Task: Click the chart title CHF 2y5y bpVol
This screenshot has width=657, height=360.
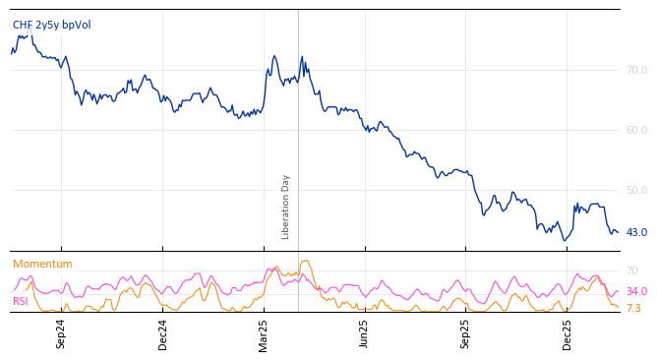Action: [51, 26]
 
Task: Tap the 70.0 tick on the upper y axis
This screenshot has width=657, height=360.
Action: [636, 71]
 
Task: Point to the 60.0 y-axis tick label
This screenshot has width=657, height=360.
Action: [636, 130]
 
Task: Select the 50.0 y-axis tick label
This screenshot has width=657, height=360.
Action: [636, 190]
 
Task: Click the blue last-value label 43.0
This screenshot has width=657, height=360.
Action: [636, 233]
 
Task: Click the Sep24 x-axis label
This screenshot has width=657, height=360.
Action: [61, 333]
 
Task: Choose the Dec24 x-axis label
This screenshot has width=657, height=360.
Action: [163, 333]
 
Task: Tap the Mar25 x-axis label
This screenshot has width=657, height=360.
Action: [264, 333]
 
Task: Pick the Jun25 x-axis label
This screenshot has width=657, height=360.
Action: [365, 333]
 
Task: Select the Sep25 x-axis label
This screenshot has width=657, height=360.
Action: [466, 333]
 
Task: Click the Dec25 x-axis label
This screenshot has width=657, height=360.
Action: [567, 333]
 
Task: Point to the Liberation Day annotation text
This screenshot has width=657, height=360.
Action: [286, 207]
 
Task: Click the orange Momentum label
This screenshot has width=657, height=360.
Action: [42, 265]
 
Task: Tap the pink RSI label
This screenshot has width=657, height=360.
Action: [21, 302]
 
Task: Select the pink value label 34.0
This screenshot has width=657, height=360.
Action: [636, 292]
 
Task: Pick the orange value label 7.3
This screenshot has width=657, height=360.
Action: [633, 309]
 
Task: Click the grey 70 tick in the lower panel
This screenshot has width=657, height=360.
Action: [632, 270]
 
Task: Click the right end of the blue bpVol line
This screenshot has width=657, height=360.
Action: [618, 233]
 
